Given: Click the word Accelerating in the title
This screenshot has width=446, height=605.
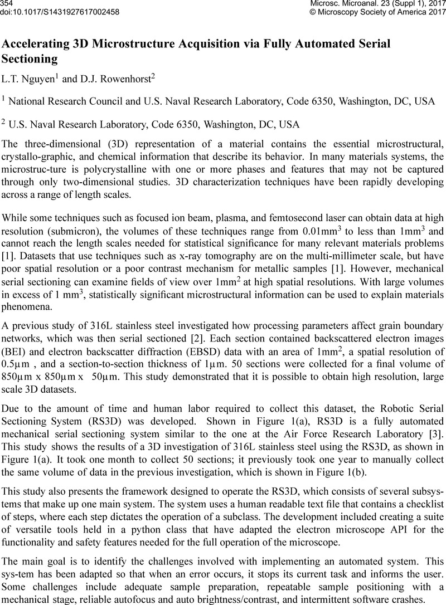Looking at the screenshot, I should click(41, 43).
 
